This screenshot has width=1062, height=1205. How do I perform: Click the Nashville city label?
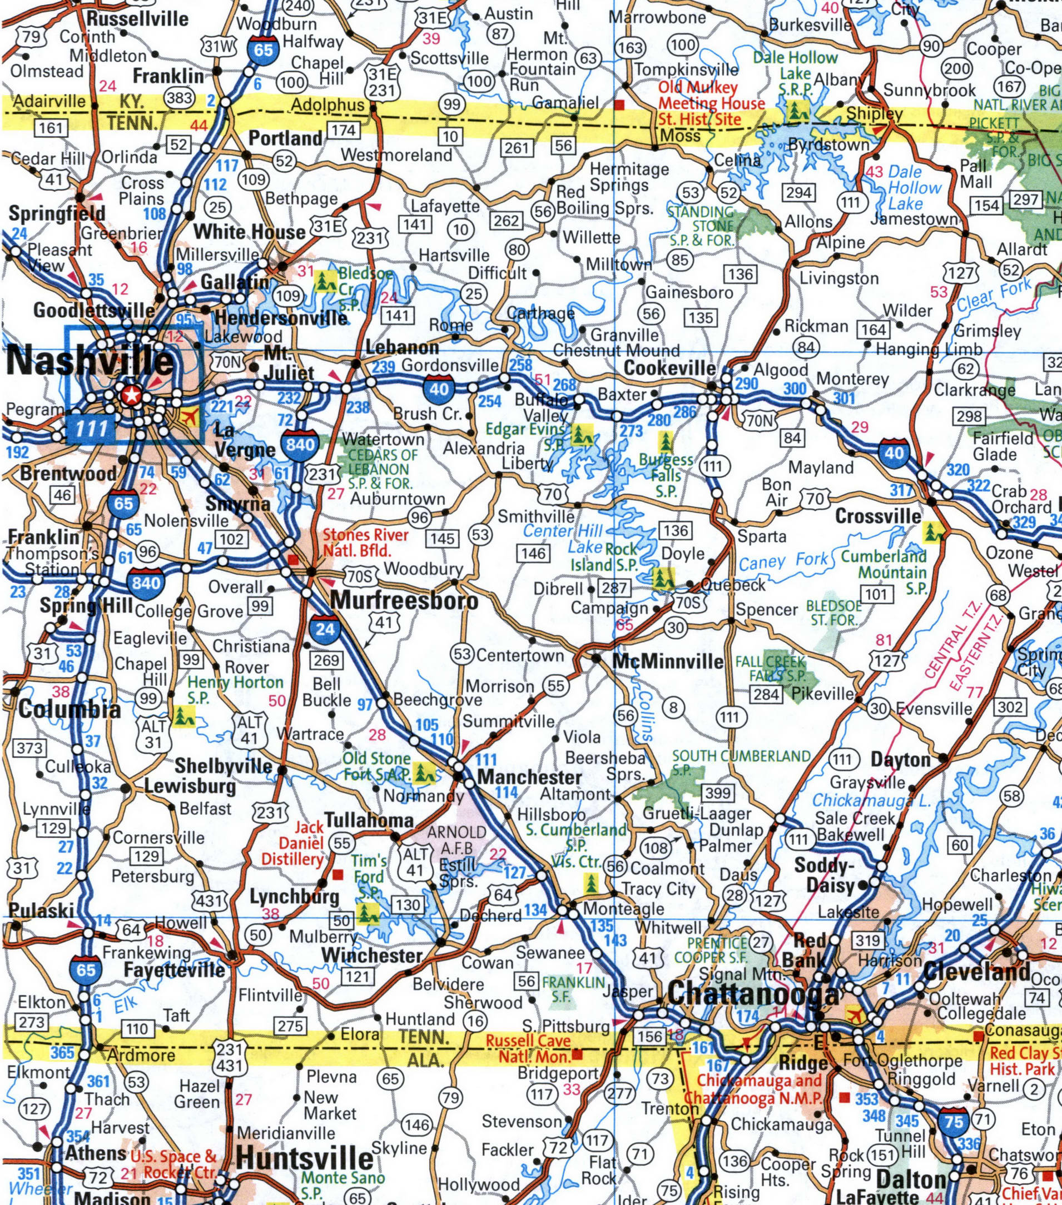pyautogui.click(x=90, y=361)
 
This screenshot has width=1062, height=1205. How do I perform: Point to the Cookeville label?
pyautogui.click(x=669, y=369)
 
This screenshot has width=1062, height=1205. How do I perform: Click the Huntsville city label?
pyautogui.click(x=305, y=1158)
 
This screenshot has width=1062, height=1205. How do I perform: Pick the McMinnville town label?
pyautogui.click(x=668, y=661)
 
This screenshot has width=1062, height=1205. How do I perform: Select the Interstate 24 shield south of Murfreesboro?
pyautogui.click(x=325, y=629)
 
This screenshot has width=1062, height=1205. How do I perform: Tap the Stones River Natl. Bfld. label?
pyautogui.click(x=366, y=543)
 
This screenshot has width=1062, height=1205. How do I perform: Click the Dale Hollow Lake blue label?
pyautogui.click(x=915, y=188)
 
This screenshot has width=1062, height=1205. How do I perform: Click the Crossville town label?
pyautogui.click(x=877, y=516)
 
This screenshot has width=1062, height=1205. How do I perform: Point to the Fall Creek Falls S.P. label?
pyautogui.click(x=770, y=668)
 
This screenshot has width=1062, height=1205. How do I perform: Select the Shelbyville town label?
pyautogui.click(x=224, y=766)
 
